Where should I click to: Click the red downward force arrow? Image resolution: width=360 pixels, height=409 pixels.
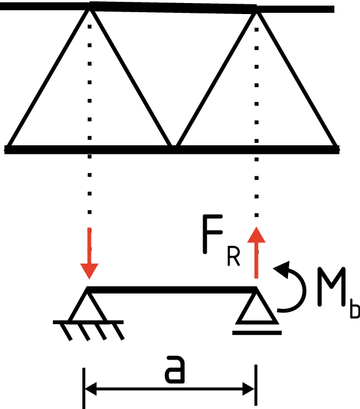click(x=89, y=253)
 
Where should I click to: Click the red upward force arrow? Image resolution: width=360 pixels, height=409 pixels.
click(x=256, y=253)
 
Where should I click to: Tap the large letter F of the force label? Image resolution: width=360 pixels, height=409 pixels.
click(x=212, y=234)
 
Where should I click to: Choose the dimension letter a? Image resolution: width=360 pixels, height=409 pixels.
click(x=175, y=370)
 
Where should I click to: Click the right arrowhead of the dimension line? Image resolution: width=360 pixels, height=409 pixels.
click(x=248, y=389)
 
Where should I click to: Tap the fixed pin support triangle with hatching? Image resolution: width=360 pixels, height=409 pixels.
click(x=88, y=313)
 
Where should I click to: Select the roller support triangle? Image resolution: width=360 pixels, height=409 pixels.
click(x=257, y=307)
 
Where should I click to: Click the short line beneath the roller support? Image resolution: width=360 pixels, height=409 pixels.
click(x=257, y=333)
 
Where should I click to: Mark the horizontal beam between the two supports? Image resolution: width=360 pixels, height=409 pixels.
click(x=171, y=290)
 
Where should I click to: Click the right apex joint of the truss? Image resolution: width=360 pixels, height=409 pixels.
click(x=256, y=11)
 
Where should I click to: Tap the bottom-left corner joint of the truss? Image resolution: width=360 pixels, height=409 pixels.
click(x=8, y=149)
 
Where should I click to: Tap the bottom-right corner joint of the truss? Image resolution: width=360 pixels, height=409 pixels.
click(x=336, y=149)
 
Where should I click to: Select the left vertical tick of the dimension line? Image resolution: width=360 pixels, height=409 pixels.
click(x=84, y=388)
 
